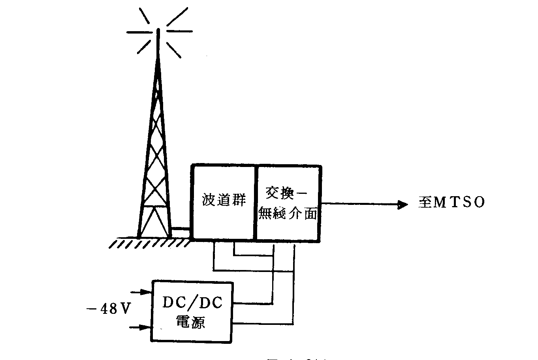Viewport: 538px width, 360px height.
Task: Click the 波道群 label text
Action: (x=224, y=200)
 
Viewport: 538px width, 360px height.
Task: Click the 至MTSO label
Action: (x=451, y=202)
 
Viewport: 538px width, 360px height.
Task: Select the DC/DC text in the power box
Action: (x=193, y=303)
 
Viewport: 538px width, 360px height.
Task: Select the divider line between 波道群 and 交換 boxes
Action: (x=256, y=203)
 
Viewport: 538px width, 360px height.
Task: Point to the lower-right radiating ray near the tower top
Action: (x=173, y=49)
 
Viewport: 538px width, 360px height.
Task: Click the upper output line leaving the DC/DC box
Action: (x=253, y=304)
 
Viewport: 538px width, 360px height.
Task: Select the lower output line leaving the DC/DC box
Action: (x=263, y=323)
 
